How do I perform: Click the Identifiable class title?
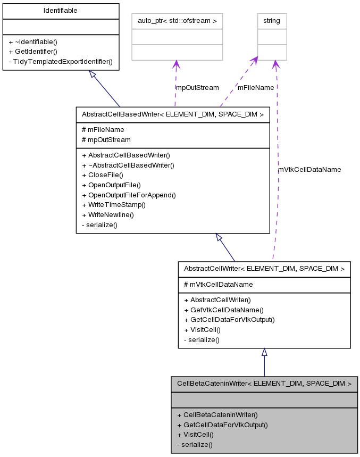click(x=60, y=10)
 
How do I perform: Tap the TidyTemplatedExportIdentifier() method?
click(x=60, y=61)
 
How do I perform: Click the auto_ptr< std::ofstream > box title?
click(x=177, y=21)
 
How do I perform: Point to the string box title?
click(x=272, y=21)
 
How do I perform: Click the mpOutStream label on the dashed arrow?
click(x=197, y=88)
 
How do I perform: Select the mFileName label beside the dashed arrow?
click(x=256, y=88)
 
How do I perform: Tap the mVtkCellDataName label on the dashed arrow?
click(x=309, y=169)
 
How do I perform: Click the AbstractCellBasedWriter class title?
click(x=172, y=114)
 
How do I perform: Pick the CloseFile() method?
click(x=102, y=175)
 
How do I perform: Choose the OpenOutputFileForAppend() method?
click(x=128, y=195)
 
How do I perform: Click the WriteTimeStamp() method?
click(x=113, y=205)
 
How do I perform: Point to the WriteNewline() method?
click(x=108, y=215)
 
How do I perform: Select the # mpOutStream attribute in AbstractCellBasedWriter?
click(x=106, y=139)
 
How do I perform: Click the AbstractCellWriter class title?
click(x=264, y=269)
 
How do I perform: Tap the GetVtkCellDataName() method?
click(x=223, y=310)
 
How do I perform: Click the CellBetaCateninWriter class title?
click(x=264, y=383)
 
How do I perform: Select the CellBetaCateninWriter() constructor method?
click(x=217, y=414)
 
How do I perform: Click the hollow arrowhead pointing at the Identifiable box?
click(x=93, y=75)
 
